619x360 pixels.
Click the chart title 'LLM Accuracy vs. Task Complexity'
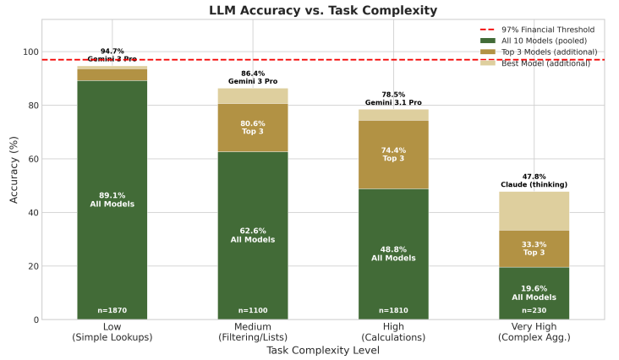[323, 10]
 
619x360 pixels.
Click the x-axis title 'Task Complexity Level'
[323, 349]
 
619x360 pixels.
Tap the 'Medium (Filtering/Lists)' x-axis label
[252, 332]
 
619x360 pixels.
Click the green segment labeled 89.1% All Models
[112, 199]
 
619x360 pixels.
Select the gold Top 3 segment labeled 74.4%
[393, 155]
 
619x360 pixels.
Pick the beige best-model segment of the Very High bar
[534, 211]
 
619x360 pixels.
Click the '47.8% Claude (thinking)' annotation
[534, 181]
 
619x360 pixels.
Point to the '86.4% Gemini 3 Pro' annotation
[252, 78]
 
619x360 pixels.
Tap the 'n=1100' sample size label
[252, 310]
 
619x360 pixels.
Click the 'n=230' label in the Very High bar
[534, 310]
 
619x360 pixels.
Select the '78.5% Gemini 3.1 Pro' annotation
[393, 99]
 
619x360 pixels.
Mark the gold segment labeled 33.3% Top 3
[534, 248]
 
